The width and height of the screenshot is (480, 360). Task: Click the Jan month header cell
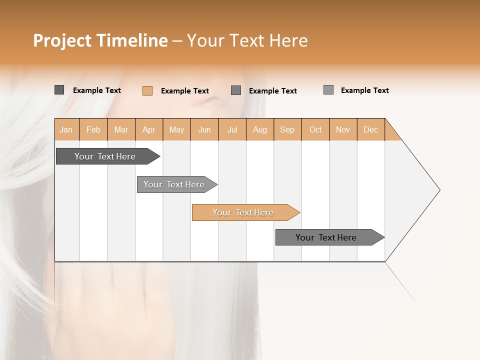66,129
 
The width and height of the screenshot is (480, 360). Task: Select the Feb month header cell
93,129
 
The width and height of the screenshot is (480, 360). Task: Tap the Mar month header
121,129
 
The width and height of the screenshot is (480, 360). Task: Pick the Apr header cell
149,129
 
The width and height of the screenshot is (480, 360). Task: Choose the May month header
176,129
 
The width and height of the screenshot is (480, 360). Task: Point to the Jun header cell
204,129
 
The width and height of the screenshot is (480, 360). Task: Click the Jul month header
232,129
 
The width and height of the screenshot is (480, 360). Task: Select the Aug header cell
260,129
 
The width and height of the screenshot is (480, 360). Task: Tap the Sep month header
287,129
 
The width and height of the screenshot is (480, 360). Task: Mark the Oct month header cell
315,129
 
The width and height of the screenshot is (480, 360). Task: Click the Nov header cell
343,129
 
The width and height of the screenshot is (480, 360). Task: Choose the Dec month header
371,129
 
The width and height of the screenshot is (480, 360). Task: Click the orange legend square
147,90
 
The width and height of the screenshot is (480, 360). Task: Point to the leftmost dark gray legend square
59,90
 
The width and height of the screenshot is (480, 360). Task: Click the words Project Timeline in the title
100,40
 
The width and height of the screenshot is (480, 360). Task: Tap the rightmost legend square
328,90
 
